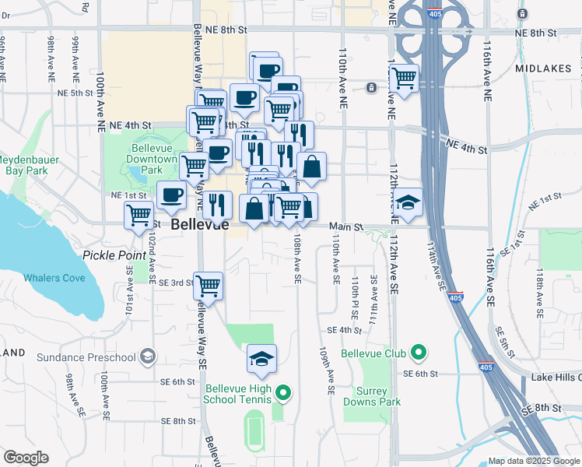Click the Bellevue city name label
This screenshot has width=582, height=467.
(x=200, y=225)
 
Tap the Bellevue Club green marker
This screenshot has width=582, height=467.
(x=419, y=353)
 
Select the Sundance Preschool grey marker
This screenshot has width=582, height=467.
(x=147, y=357)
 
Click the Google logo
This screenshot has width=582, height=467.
(x=26, y=458)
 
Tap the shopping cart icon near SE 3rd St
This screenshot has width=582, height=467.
(x=209, y=286)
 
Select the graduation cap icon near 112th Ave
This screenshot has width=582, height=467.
(x=408, y=202)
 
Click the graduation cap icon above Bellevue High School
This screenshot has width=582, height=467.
(x=262, y=357)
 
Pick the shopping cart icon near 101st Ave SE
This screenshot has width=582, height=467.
(x=139, y=214)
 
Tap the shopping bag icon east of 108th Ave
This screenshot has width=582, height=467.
(x=311, y=167)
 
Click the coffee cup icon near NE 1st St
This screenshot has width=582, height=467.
(x=171, y=195)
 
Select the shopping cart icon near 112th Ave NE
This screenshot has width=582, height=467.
(x=404, y=78)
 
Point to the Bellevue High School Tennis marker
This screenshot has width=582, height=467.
(x=283, y=393)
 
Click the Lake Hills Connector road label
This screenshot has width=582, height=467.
(x=556, y=377)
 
